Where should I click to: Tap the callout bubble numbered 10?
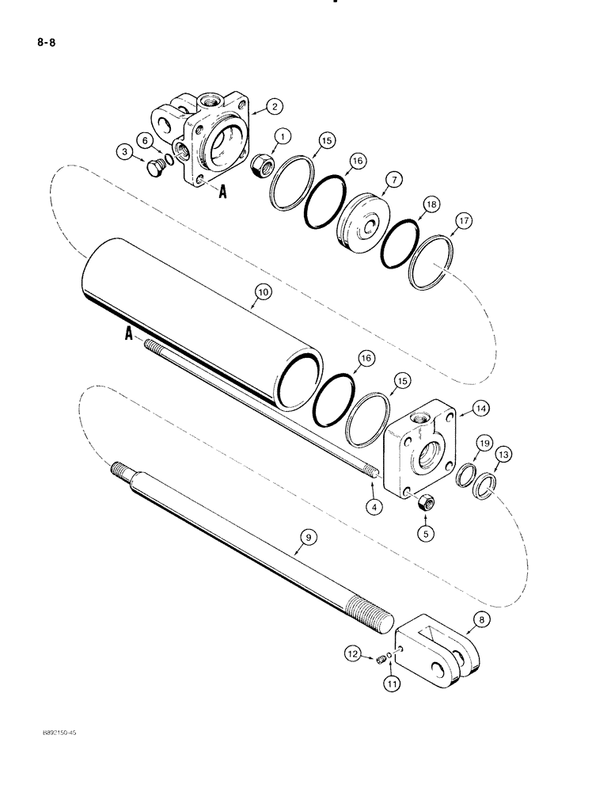pos(262,292)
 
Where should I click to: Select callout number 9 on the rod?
pos(305,537)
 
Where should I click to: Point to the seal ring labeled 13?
pos(483,485)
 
